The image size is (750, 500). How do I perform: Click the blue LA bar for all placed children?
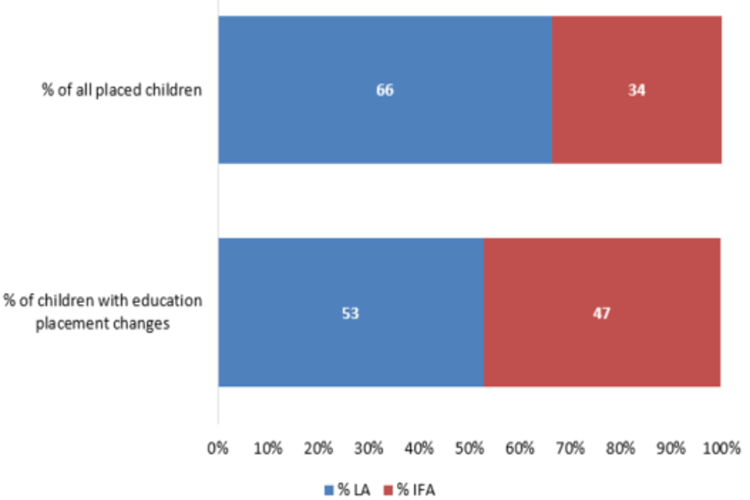[312, 90]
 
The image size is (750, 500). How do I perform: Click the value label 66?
[384, 91]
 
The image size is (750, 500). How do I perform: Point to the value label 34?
[637, 91]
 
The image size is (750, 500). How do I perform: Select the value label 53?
[351, 313]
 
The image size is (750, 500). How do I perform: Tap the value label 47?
[602, 313]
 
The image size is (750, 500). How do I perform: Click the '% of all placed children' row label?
[122, 90]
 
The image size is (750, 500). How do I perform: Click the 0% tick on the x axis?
[217, 448]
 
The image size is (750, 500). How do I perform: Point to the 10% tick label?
[268, 448]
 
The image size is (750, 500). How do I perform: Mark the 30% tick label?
[369, 448]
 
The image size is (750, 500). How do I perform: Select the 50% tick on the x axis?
[470, 448]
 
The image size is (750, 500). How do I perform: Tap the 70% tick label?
[570, 448]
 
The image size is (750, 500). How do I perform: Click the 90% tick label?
[670, 448]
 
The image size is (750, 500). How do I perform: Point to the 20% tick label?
[319, 448]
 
